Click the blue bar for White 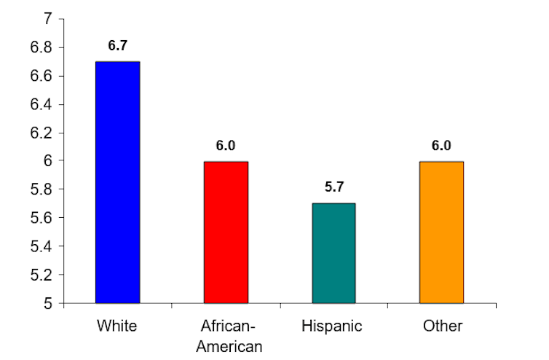pos(117,182)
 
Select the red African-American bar pos(226,232)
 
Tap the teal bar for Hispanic pos(333,253)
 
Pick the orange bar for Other pos(441,232)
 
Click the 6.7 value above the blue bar pos(117,45)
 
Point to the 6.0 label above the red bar pos(226,146)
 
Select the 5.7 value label pos(333,187)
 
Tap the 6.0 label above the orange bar pos(441,146)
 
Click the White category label pos(117,326)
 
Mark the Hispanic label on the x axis pos(333,326)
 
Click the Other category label pos(442,326)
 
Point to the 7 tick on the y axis pos(48,19)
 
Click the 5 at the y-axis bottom pos(48,303)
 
